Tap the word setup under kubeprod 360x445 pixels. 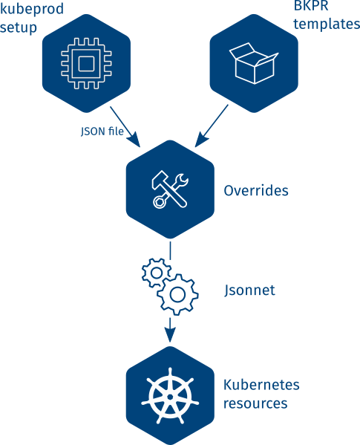tap(19, 27)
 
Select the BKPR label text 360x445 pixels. tap(311, 6)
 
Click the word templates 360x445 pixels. tap(327, 24)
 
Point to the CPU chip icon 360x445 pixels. tap(86, 63)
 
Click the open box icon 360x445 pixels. tap(254, 63)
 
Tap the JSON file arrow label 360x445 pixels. tap(102, 131)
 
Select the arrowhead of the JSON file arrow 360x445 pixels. tap(134, 140)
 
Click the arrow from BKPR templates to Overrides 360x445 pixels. tap(212, 126)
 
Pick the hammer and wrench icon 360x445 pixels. tap(170, 189)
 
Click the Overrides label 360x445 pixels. tap(256, 190)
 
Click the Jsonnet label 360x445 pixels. tap(249, 290)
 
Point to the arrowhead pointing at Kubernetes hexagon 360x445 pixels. tap(170, 335)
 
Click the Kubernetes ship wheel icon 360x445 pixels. tap(170, 396)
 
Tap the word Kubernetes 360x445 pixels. tap(261, 385)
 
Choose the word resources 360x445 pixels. tap(255, 403)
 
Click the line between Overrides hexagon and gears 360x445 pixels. tap(170, 250)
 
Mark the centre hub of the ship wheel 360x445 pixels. tap(170, 397)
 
